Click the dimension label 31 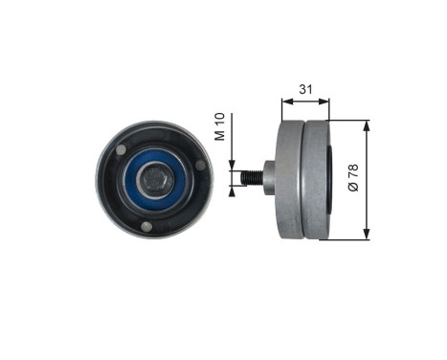(x=305, y=89)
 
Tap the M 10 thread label (x=220, y=126)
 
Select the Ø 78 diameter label (x=353, y=178)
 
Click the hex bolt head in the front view (x=155, y=179)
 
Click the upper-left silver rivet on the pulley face (x=121, y=149)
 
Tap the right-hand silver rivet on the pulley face (x=201, y=165)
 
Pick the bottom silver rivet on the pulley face (x=145, y=226)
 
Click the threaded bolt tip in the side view (x=252, y=178)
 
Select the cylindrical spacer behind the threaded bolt (x=268, y=177)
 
